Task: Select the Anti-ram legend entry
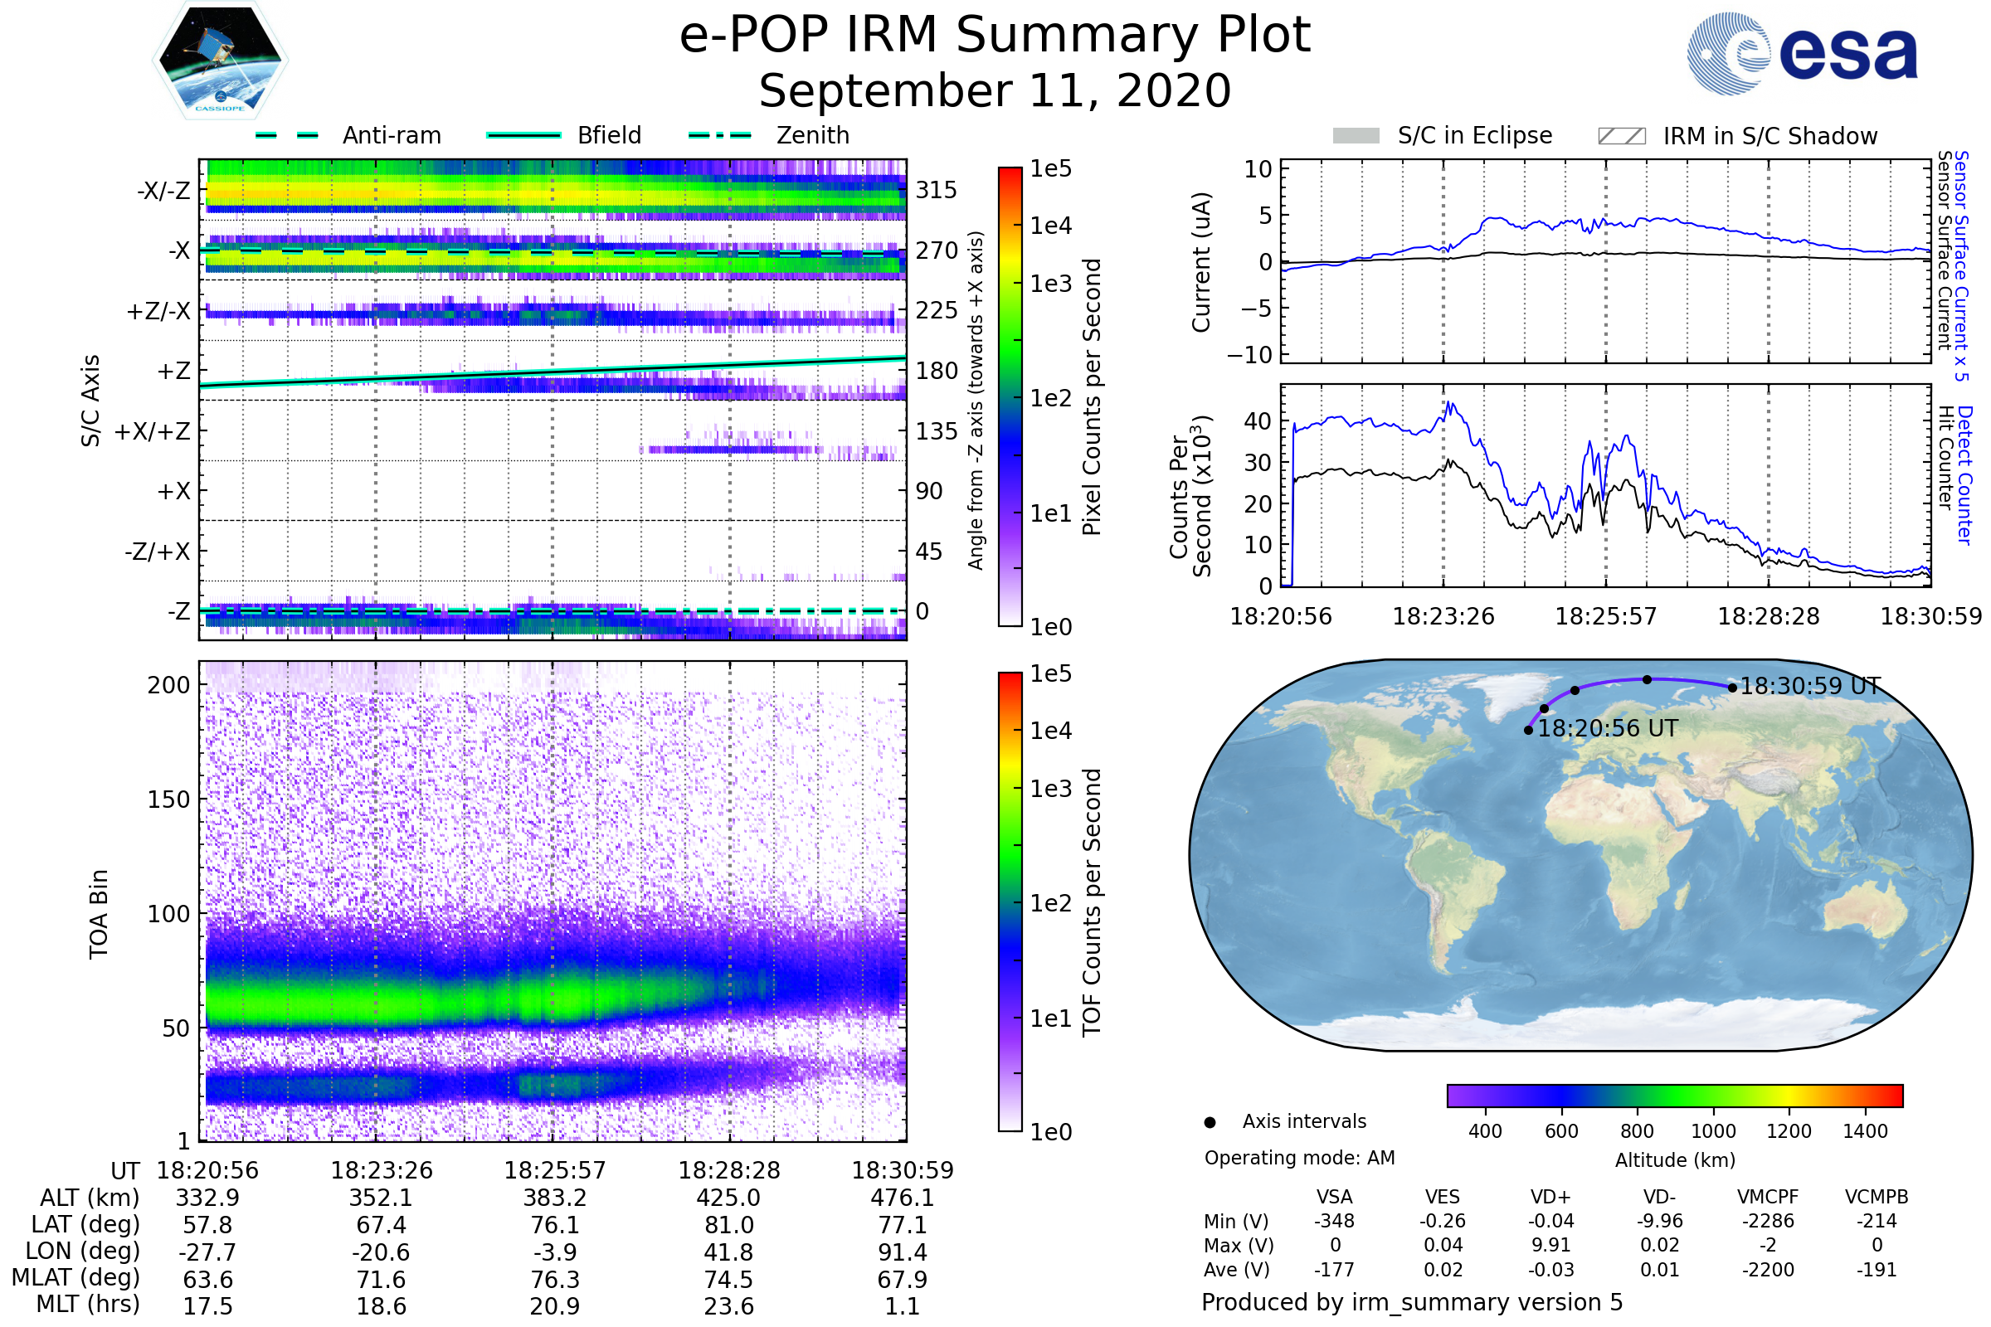tap(348, 135)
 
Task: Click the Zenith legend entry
tap(770, 135)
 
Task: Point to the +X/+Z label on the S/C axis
tap(153, 431)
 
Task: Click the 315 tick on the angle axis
tap(937, 190)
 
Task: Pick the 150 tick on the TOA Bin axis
tap(168, 800)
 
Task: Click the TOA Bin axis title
tap(99, 913)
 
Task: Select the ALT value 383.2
tap(554, 1198)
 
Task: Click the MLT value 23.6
tap(729, 1305)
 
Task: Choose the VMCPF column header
tap(1768, 1197)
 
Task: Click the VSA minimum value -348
tap(1334, 1221)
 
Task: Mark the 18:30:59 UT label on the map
tap(1810, 687)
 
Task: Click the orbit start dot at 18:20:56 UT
tap(1528, 730)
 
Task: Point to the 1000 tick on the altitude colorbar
tap(1712, 1131)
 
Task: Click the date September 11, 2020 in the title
tap(995, 91)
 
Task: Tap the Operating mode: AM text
tap(1299, 1158)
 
